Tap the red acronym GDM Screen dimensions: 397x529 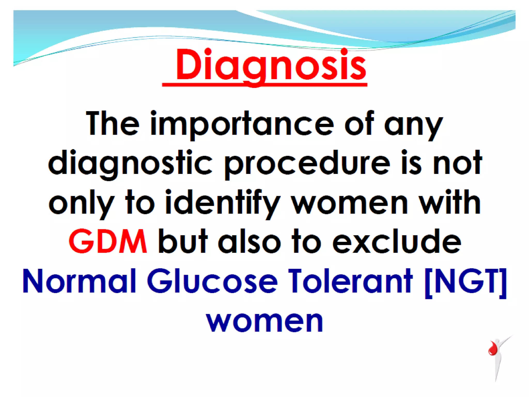108,241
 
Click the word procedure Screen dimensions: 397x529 307,163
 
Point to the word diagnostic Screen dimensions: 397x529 130,163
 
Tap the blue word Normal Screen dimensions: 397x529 79,281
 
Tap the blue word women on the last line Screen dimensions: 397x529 264,321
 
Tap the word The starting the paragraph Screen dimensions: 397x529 113,123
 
